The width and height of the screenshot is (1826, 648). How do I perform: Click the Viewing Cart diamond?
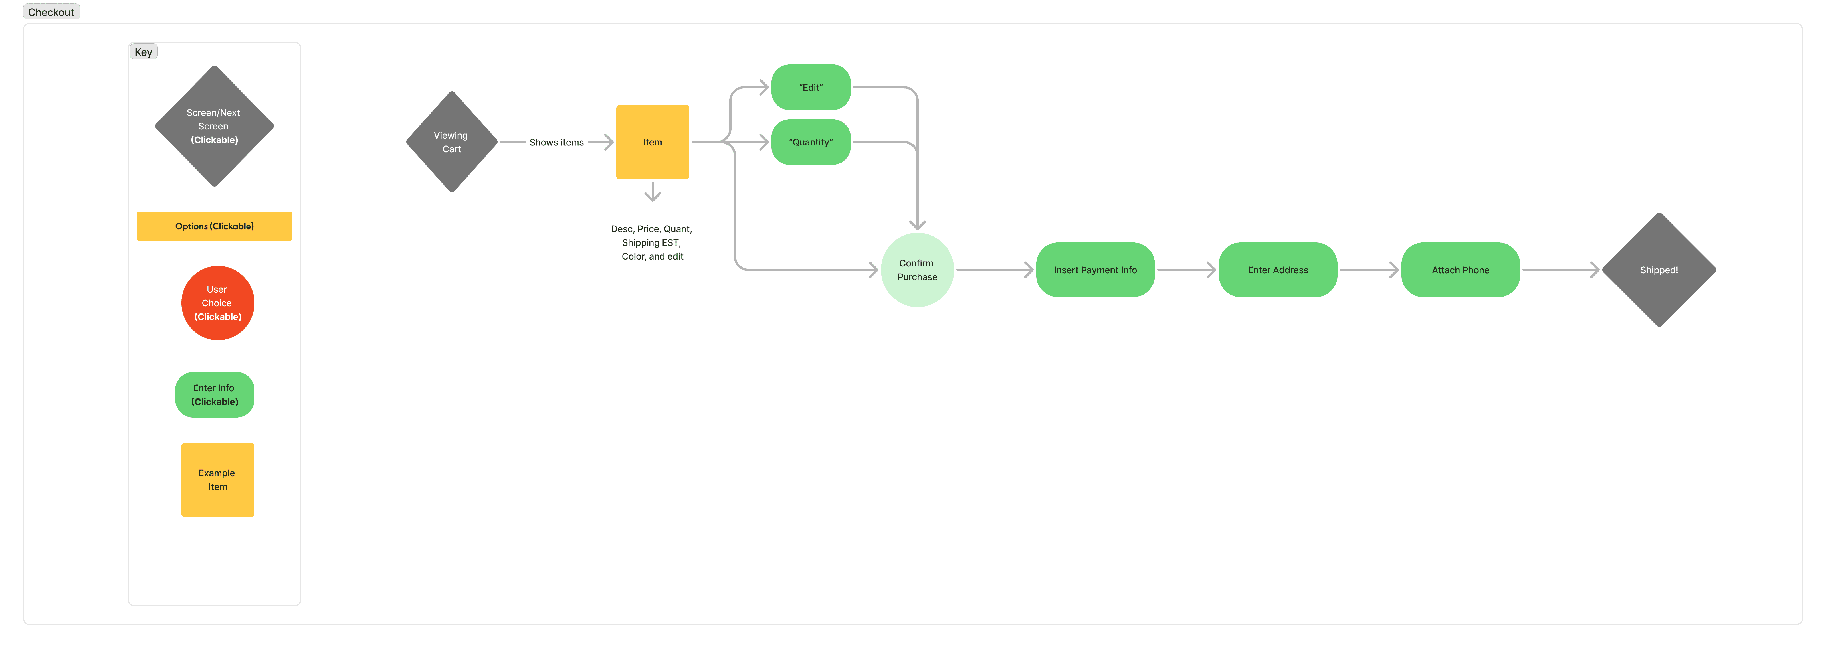coord(452,142)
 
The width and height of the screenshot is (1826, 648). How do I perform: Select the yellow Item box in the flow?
coord(652,142)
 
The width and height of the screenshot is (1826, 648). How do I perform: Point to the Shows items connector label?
coord(556,143)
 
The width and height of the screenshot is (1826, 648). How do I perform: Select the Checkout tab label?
coord(51,12)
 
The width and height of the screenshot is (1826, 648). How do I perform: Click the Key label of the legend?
coord(143,52)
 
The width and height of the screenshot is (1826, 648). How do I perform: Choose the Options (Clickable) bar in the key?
coord(214,226)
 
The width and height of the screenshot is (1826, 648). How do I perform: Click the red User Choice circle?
coord(218,303)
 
